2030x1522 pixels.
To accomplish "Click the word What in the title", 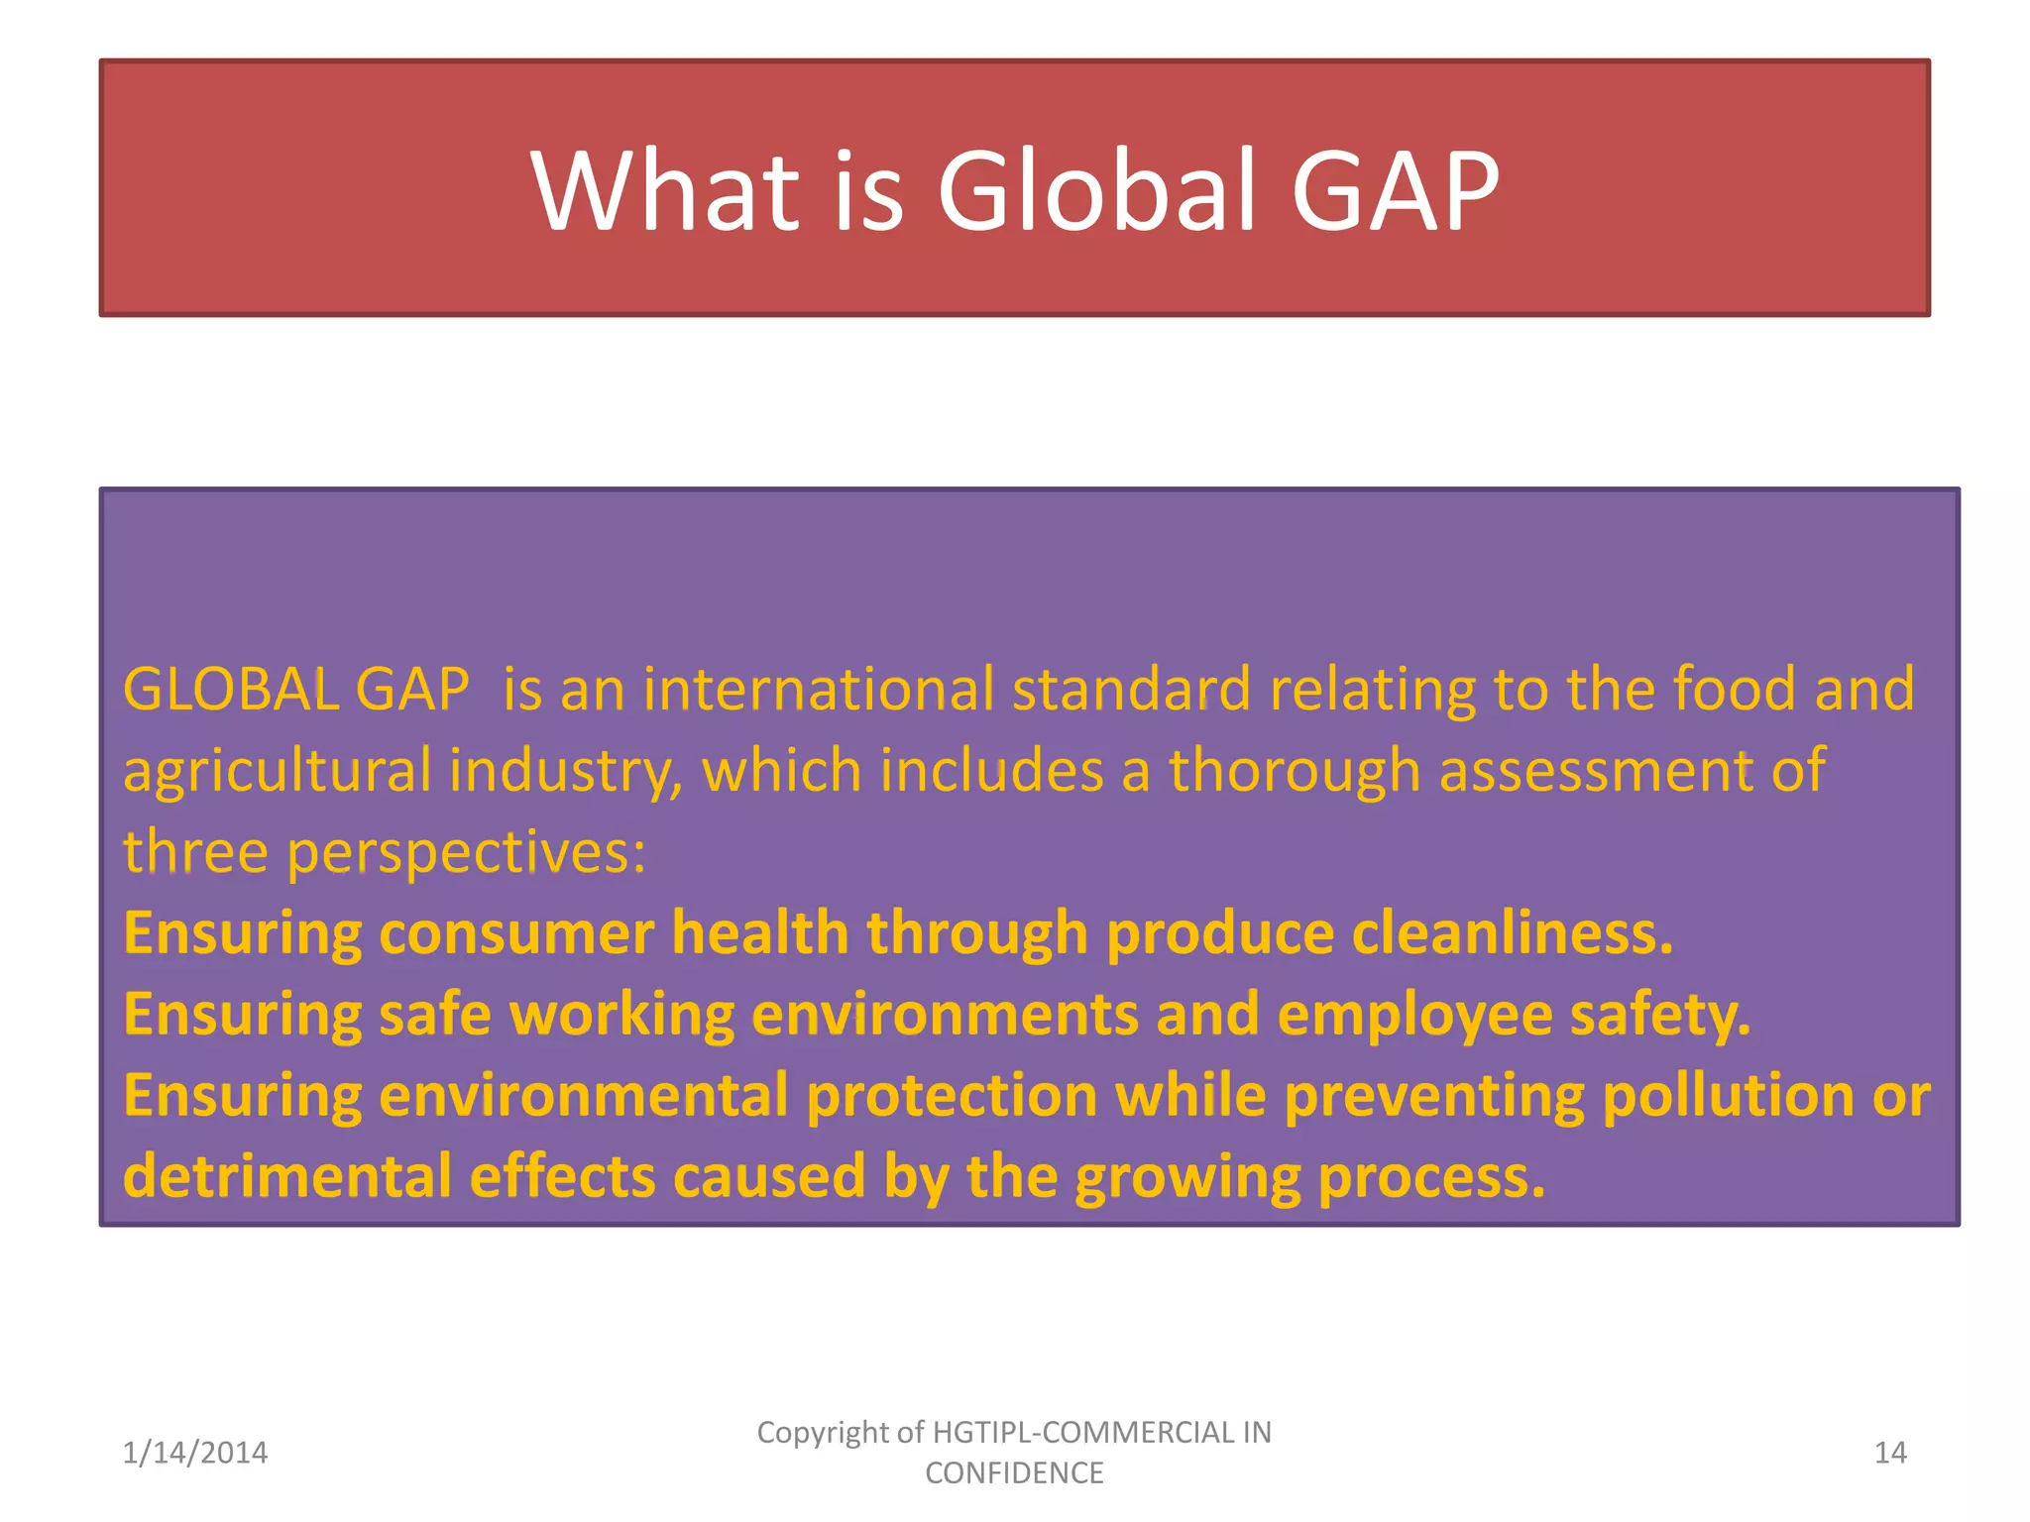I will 665,189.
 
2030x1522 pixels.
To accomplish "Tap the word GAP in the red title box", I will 1395,189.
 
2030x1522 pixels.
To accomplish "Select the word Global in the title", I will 1100,189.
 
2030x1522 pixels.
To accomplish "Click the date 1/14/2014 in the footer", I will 195,1453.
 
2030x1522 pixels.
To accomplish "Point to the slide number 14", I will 1890,1453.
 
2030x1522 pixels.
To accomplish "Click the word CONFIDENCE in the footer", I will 1014,1473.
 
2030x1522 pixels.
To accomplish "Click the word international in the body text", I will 819,689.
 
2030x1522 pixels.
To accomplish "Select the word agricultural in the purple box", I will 278,772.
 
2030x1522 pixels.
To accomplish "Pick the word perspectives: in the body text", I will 467,853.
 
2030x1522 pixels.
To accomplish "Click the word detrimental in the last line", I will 287,1177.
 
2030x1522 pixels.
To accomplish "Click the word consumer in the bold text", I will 516,933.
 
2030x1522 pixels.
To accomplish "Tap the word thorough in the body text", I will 1296,772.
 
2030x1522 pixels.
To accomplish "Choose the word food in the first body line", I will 1734,689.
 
